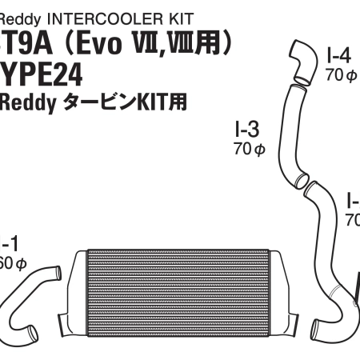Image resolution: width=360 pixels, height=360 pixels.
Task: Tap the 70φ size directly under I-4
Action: pos(339,75)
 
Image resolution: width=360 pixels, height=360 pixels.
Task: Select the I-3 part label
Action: pos(246,128)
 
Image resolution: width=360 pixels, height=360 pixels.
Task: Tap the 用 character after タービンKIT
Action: pos(176,102)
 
